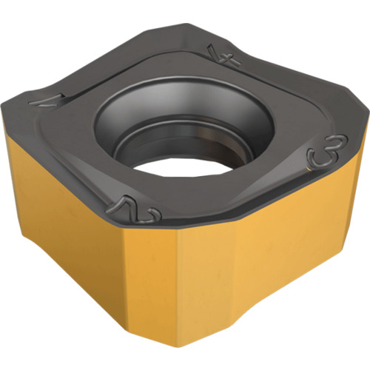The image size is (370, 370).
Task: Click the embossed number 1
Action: click(47, 101)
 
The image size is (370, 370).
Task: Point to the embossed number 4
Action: click(223, 55)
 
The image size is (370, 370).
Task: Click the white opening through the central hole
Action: click(183, 169)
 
